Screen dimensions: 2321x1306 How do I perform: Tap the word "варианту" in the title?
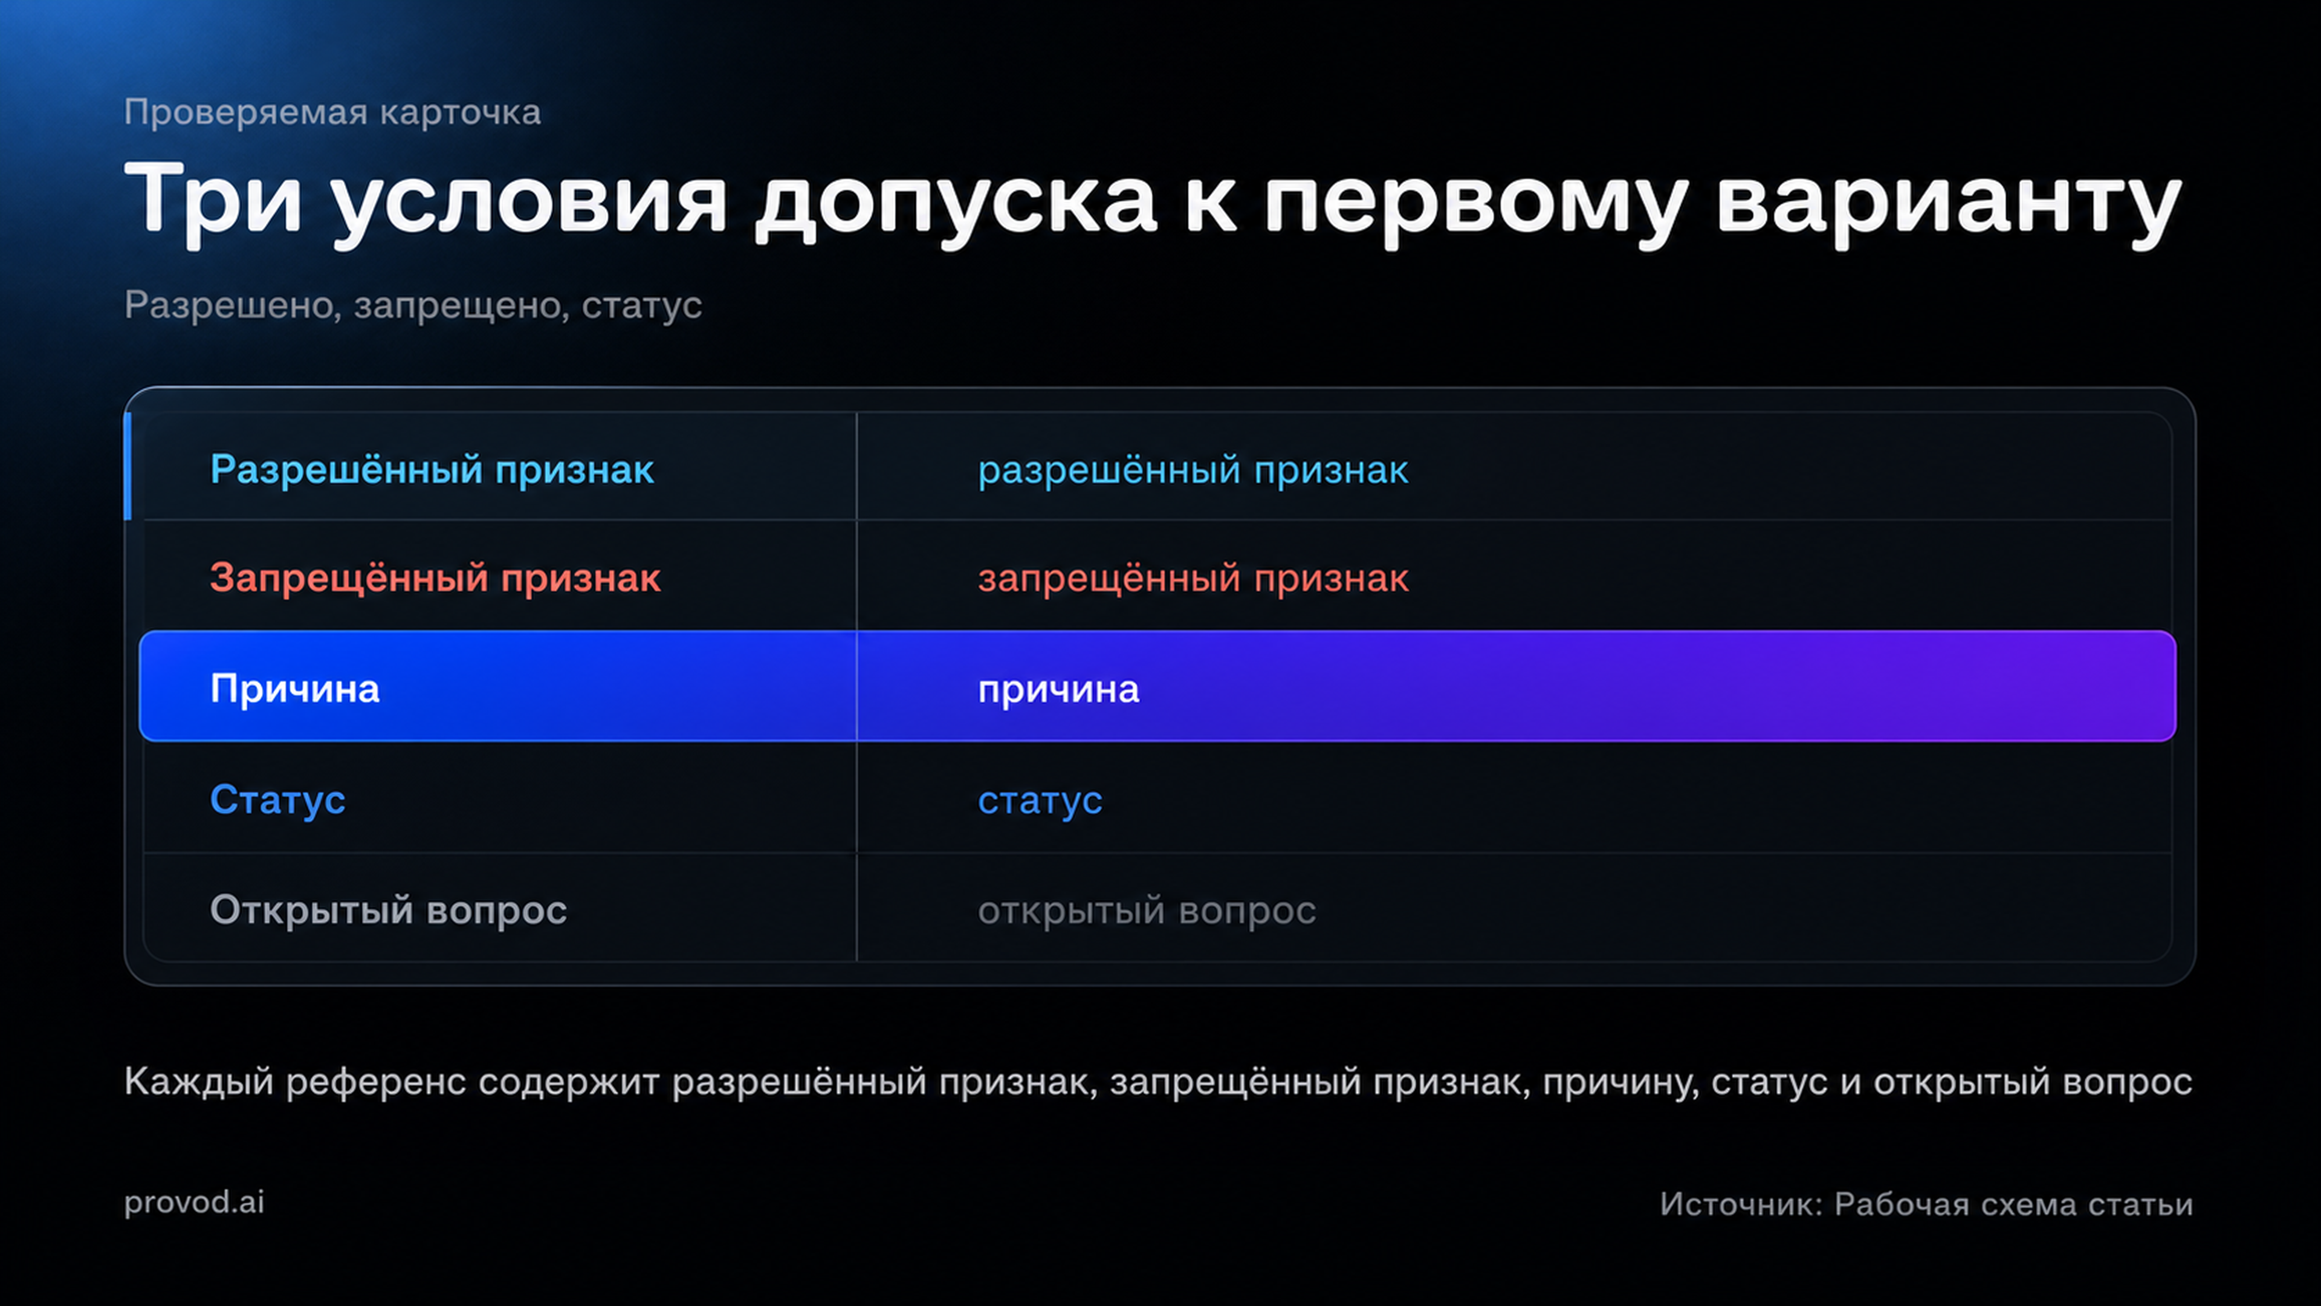[1948, 202]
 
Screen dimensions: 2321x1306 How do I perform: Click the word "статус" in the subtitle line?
[641, 305]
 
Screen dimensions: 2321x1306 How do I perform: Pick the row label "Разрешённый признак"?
[432, 470]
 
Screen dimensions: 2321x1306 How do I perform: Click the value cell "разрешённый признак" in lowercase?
[1193, 470]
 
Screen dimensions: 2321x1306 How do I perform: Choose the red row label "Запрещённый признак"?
[435, 578]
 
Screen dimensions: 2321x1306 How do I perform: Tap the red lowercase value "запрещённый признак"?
[1193, 579]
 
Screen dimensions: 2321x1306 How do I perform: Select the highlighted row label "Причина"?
[294, 689]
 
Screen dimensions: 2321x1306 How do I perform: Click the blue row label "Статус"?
[277, 799]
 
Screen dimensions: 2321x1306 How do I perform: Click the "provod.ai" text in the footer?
[195, 1203]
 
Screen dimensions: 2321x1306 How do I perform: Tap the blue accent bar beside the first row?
[128, 466]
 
